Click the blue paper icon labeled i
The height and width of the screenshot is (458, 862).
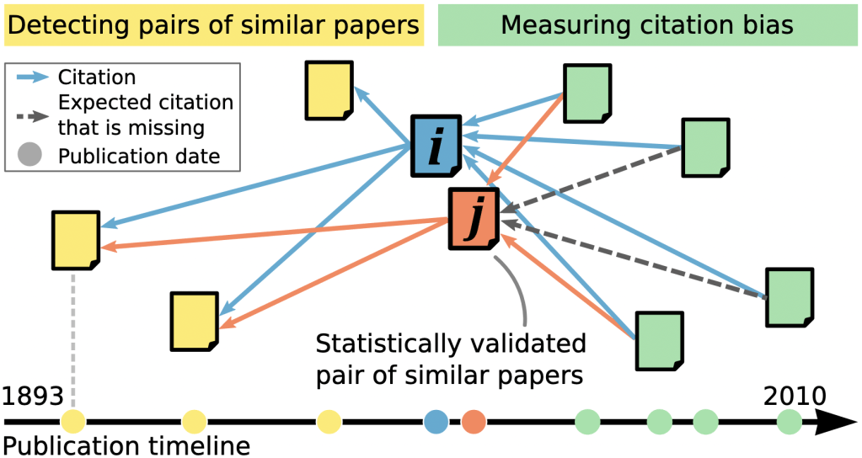pyautogui.click(x=436, y=146)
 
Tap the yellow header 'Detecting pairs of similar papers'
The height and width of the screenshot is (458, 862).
pyautogui.click(x=213, y=25)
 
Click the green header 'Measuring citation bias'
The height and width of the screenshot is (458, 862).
pyautogui.click(x=646, y=25)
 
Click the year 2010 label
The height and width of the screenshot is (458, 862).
pyautogui.click(x=795, y=396)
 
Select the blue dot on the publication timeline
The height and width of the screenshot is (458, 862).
pyautogui.click(x=436, y=421)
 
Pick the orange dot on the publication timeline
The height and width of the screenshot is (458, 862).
pyautogui.click(x=474, y=421)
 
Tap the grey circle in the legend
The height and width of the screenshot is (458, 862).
pyautogui.click(x=28, y=156)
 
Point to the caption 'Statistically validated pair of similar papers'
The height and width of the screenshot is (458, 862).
pyautogui.click(x=450, y=359)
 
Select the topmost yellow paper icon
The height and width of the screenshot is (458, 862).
pyautogui.click(x=329, y=90)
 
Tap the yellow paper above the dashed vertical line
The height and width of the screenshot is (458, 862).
pyautogui.click(x=76, y=240)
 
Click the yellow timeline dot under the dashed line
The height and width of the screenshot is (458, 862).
pyautogui.click(x=73, y=421)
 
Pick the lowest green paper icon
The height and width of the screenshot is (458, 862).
pyautogui.click(x=659, y=340)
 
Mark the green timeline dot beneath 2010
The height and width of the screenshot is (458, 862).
pyautogui.click(x=790, y=421)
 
